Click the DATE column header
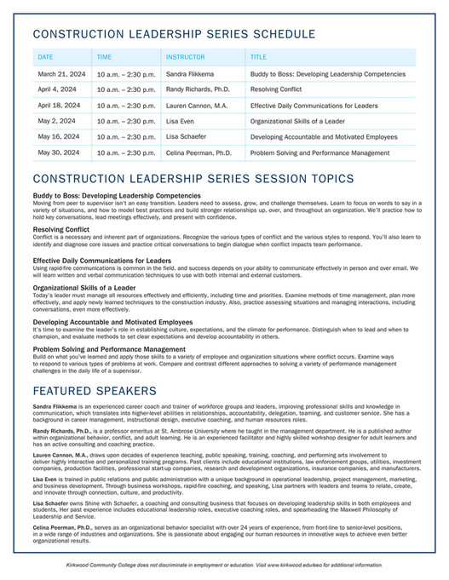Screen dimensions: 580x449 (45, 57)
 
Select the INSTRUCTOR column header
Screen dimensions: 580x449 (185, 57)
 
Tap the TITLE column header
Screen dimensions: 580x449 (258, 57)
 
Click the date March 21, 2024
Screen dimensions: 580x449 (59, 74)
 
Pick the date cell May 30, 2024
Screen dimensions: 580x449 (58, 152)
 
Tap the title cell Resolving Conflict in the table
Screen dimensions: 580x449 (277, 89)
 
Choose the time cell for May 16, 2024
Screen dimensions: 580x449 (126, 137)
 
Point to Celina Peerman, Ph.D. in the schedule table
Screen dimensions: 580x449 (199, 152)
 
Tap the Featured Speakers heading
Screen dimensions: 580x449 (95, 391)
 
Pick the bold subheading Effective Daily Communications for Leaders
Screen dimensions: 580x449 (102, 261)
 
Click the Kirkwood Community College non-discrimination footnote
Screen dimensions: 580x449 (224, 565)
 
